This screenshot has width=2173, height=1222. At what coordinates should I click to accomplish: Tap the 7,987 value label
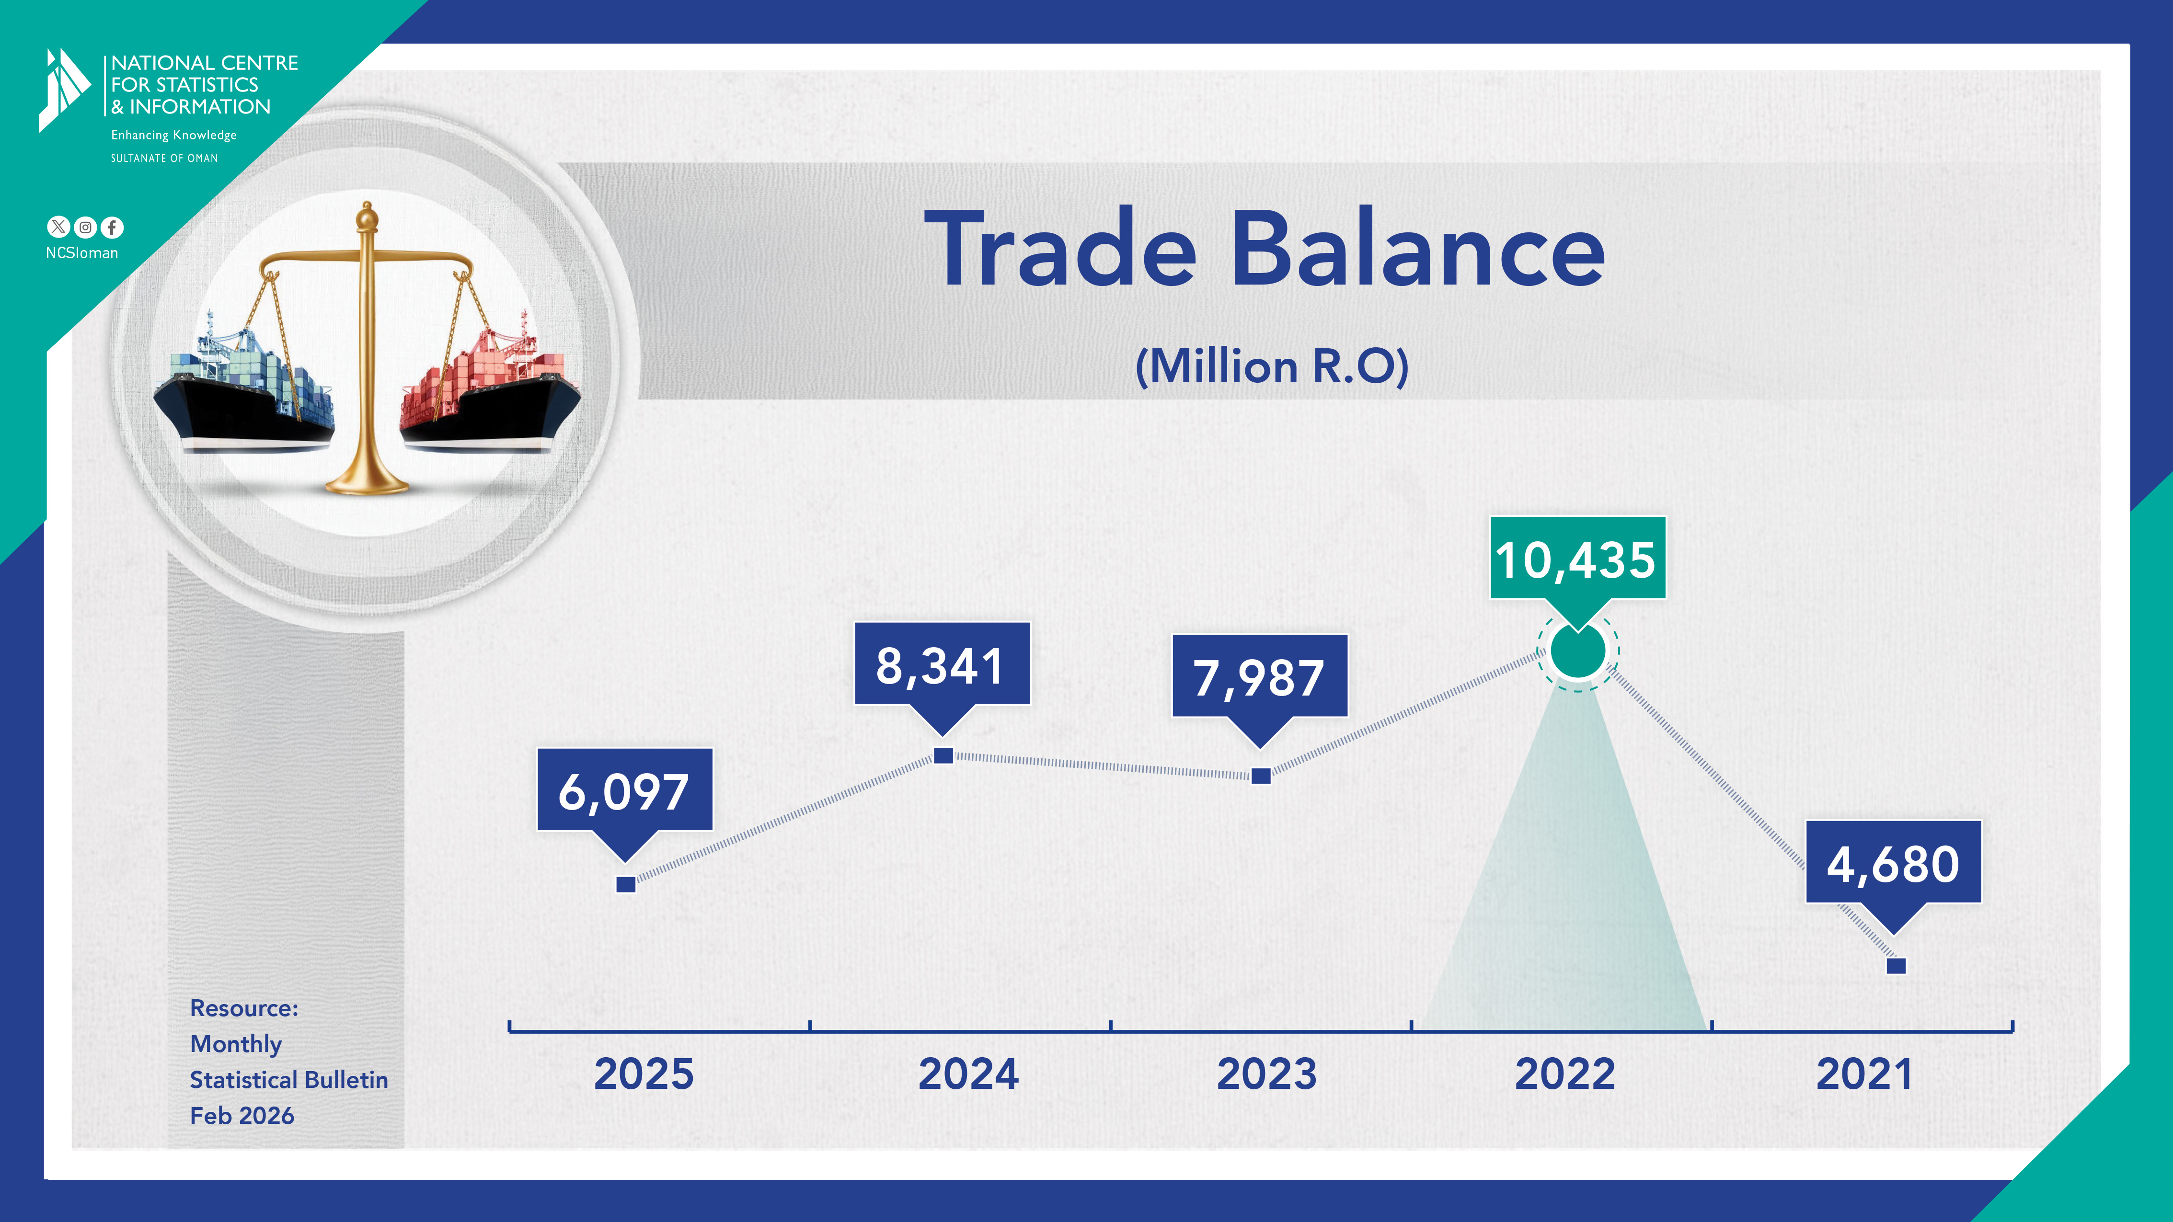click(x=1259, y=677)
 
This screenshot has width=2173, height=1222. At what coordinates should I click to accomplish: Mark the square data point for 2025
click(x=626, y=884)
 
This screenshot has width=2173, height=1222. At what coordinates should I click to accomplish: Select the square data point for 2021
click(x=1897, y=966)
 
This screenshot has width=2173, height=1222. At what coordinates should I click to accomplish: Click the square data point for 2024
click(x=944, y=755)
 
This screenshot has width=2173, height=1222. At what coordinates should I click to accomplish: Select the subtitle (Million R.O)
click(x=1272, y=367)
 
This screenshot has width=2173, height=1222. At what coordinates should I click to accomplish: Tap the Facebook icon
click(x=112, y=228)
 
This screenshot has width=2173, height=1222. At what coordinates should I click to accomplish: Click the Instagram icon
click(x=85, y=227)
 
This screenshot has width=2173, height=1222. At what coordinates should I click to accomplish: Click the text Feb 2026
click(x=242, y=1116)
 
